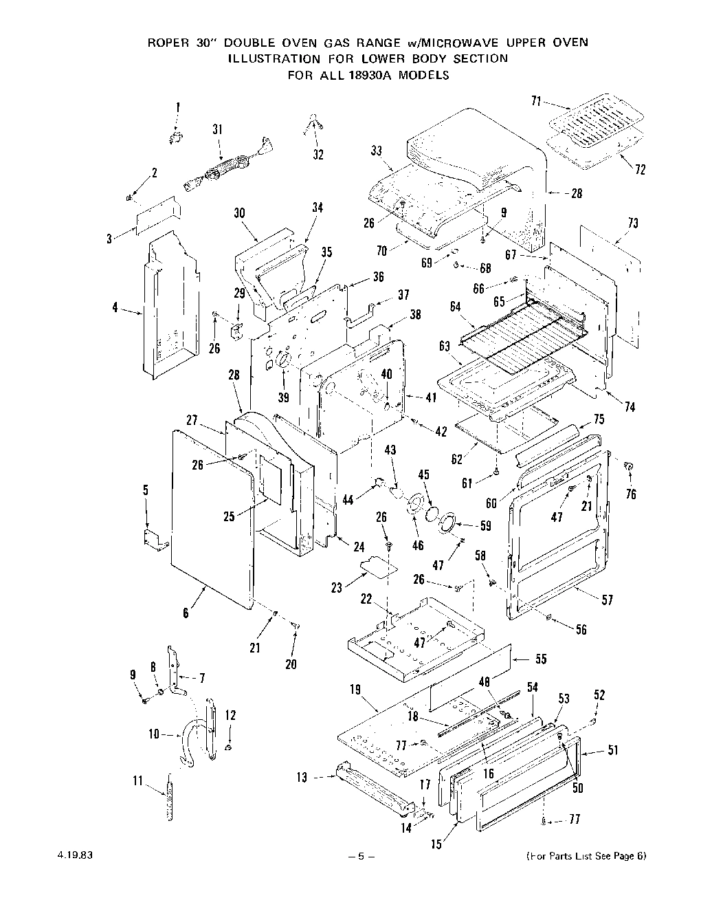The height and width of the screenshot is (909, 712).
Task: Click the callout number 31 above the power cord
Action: point(218,129)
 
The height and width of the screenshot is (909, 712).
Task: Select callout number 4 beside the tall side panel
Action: point(115,307)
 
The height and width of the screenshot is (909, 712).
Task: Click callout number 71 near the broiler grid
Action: point(536,102)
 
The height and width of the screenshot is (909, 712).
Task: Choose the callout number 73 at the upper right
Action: point(632,223)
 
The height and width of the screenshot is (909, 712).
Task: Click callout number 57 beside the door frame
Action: point(608,600)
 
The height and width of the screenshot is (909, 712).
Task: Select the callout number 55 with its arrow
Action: point(541,659)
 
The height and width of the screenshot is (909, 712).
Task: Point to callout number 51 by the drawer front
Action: point(613,750)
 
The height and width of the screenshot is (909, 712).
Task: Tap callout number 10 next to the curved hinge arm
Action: point(153,734)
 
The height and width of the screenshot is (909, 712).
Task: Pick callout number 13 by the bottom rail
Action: point(302,777)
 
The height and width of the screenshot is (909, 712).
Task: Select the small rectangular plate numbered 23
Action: point(380,565)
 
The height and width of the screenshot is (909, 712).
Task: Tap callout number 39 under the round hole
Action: point(283,397)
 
